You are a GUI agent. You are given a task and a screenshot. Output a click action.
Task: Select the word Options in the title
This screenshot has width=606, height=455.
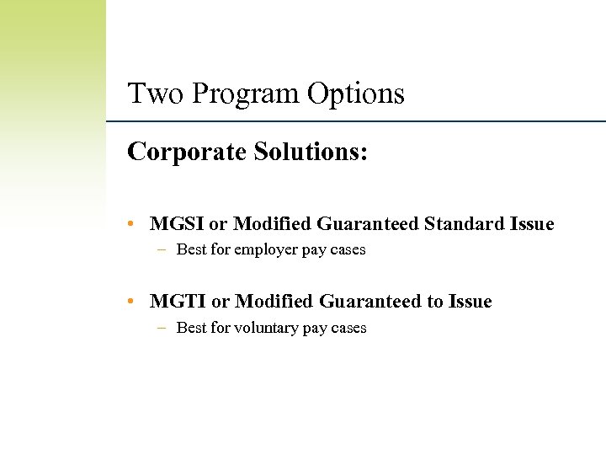[x=355, y=94]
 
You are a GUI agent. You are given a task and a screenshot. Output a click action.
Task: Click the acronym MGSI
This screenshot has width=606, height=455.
[x=177, y=224]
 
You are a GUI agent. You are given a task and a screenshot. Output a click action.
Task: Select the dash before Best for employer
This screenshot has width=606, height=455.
[x=161, y=250]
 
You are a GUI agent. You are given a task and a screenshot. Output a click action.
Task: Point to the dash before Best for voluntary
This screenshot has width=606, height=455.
[x=161, y=328]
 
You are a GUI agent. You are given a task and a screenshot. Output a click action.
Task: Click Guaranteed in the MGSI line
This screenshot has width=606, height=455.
[x=368, y=224]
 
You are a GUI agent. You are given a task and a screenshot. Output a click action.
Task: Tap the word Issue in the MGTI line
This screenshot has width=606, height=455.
[x=470, y=302]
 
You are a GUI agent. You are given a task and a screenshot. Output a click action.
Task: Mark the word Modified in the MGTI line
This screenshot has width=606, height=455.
[x=274, y=302]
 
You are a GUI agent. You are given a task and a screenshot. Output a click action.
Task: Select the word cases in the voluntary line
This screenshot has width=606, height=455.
[x=348, y=328]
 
